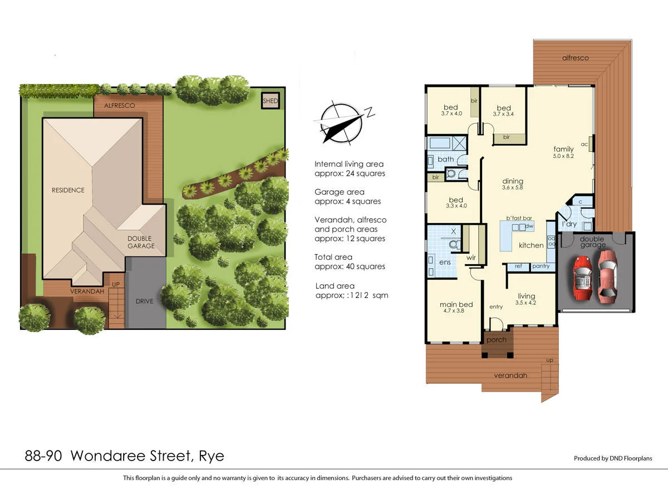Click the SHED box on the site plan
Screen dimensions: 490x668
click(271, 101)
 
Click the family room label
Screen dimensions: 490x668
click(563, 149)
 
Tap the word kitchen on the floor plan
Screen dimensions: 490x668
click(531, 245)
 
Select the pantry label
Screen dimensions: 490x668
click(541, 266)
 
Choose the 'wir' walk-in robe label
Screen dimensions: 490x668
click(470, 258)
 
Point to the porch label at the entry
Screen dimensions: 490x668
click(496, 340)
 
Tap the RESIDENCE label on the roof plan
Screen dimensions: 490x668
click(68, 190)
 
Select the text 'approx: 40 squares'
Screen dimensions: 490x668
click(350, 266)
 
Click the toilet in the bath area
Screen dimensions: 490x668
click(452, 174)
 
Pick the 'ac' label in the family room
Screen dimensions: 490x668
click(584, 145)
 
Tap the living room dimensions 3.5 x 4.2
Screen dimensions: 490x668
click(525, 303)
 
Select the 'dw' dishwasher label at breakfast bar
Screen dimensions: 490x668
click(529, 227)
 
